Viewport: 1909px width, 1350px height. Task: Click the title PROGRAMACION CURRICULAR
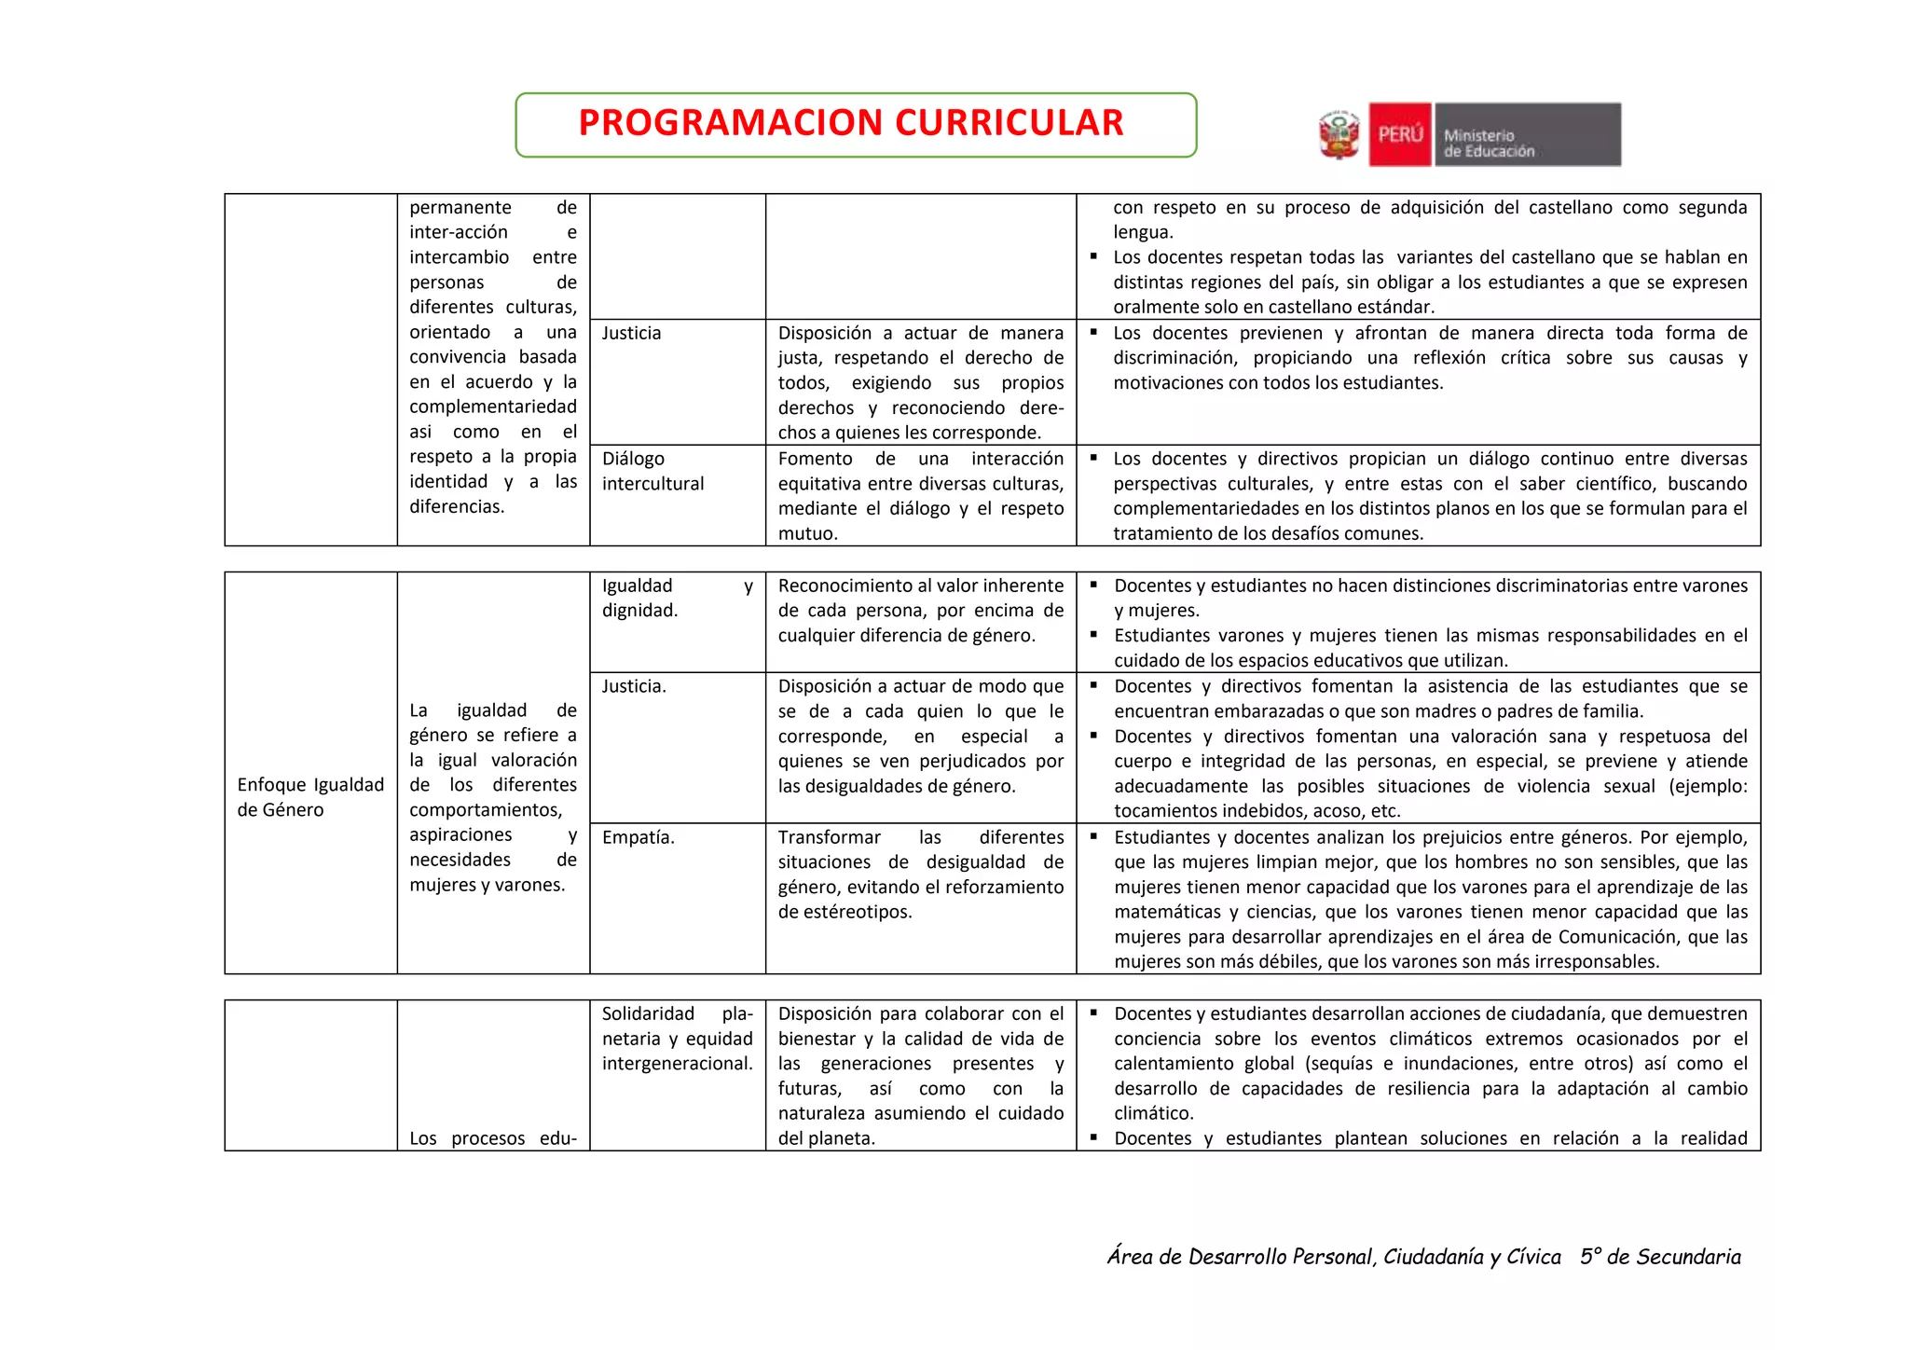coord(851,123)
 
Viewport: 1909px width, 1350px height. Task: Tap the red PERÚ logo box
coord(1399,135)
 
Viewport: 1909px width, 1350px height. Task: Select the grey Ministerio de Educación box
coord(1527,135)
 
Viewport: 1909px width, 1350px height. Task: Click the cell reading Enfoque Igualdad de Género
coord(310,796)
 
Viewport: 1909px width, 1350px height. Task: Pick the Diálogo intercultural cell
coord(652,471)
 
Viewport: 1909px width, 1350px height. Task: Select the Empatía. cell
coord(639,837)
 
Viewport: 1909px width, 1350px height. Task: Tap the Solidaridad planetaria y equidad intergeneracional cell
coord(677,1038)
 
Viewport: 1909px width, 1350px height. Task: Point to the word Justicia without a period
coord(631,333)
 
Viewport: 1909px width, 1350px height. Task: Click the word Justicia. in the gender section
coord(634,686)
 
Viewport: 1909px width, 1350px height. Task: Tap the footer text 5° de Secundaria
coord(1659,1257)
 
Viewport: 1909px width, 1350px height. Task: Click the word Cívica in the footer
coord(1533,1257)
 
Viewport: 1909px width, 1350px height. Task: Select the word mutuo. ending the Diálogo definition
coord(807,533)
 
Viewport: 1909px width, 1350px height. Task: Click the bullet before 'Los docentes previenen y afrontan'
coord(1093,332)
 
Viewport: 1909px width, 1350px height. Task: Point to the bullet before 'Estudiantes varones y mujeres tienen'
coord(1093,635)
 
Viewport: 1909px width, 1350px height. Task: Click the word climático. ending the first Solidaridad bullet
coord(1153,1113)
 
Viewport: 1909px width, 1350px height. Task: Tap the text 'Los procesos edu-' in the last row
coord(493,1138)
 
